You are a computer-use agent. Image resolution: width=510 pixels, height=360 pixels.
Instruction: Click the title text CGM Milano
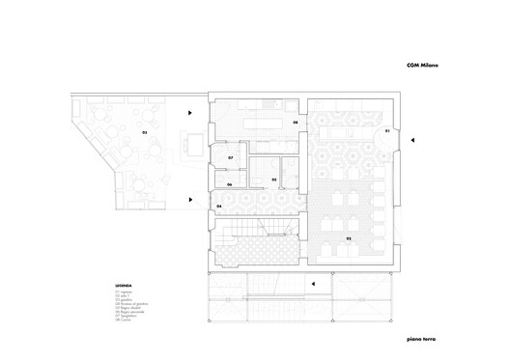[421, 66]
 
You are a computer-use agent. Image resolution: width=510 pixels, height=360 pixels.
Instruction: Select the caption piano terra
[423, 340]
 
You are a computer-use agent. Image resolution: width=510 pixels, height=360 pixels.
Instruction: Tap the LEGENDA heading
[123, 287]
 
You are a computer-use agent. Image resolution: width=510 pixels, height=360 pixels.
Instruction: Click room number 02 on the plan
[348, 236]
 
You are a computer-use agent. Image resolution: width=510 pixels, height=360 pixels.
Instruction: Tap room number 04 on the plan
[219, 207]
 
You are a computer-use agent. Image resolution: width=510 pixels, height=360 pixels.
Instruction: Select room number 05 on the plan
[274, 180]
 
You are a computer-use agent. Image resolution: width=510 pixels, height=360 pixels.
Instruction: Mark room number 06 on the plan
[229, 184]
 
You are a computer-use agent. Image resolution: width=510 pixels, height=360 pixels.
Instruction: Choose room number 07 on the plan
[231, 157]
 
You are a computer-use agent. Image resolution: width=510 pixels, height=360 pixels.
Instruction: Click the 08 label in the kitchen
[295, 124]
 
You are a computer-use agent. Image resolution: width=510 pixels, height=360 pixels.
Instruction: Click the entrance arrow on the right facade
[412, 141]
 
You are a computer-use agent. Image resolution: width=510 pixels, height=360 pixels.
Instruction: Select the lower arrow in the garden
[191, 201]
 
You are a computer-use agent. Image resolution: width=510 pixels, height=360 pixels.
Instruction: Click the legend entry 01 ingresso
[123, 291]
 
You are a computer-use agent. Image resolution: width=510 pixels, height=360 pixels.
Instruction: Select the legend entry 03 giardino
[123, 300]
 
